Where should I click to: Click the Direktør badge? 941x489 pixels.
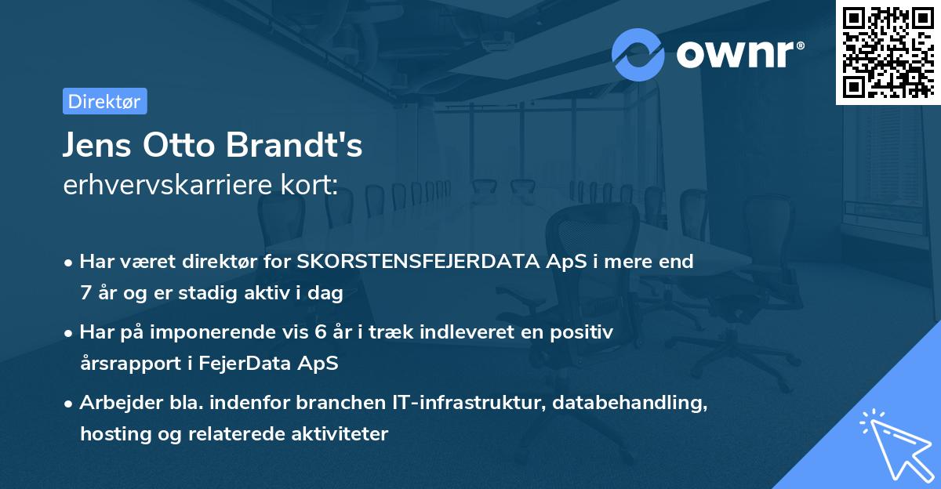104,101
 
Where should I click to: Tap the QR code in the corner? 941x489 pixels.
888,52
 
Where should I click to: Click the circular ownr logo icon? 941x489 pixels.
638,54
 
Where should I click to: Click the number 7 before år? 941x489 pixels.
85,294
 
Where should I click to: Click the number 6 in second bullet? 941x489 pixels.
320,332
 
